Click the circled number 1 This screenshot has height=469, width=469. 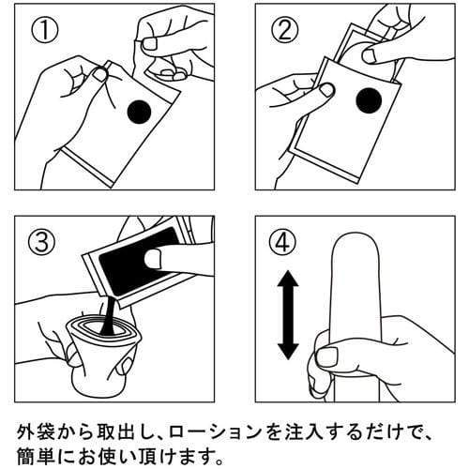point(45,29)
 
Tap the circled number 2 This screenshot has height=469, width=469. point(285,29)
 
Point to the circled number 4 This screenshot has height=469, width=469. point(283,242)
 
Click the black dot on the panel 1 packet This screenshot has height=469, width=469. point(139,113)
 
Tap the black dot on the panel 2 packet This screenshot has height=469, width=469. point(369,101)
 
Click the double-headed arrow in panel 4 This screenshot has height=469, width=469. point(288,315)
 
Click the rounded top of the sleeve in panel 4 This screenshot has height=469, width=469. point(356,242)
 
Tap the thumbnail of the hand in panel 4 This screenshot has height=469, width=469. point(327,357)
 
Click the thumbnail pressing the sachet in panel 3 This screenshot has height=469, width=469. point(154,259)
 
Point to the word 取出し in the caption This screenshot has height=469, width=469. point(125,432)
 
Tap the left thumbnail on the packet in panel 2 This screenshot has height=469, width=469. point(326,90)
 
